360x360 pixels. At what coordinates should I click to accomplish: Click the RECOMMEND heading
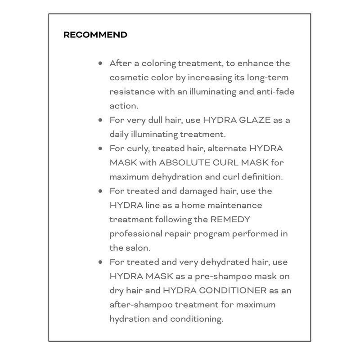pos(95,35)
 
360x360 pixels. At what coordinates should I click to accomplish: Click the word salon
pos(137,247)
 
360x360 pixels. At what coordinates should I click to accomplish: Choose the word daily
pos(118,134)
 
